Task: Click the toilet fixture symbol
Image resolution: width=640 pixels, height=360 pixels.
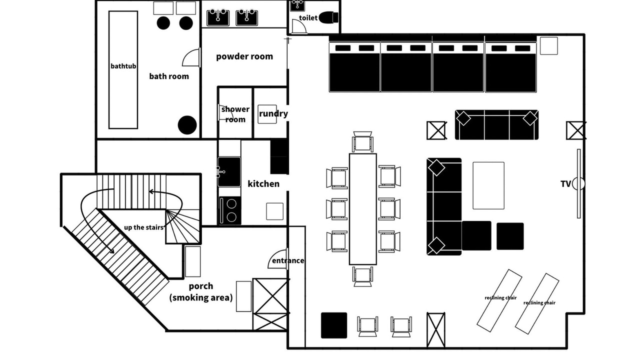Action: pyautogui.click(x=328, y=17)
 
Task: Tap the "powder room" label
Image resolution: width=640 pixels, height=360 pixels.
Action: pyautogui.click(x=244, y=56)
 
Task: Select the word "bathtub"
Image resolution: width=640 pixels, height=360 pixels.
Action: pyautogui.click(x=123, y=66)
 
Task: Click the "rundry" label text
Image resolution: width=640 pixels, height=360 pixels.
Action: pyautogui.click(x=273, y=113)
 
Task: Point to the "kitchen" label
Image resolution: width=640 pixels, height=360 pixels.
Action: pyautogui.click(x=263, y=183)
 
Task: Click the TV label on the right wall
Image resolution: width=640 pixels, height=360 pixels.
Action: pyautogui.click(x=565, y=184)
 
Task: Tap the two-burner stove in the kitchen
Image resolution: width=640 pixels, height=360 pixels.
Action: pyautogui.click(x=230, y=210)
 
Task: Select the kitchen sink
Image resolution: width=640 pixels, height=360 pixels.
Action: pyautogui.click(x=229, y=171)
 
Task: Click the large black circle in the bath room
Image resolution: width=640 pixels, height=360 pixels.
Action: pyautogui.click(x=187, y=125)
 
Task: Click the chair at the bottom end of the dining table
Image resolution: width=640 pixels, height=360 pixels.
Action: pyautogui.click(x=363, y=276)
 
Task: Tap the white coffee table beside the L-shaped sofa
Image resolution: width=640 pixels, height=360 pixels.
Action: pyautogui.click(x=488, y=185)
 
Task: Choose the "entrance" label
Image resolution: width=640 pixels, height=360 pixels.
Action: pyautogui.click(x=288, y=260)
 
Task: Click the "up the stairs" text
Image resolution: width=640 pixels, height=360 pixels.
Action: pyautogui.click(x=143, y=227)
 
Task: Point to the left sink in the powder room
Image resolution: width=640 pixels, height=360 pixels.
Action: pyautogui.click(x=218, y=17)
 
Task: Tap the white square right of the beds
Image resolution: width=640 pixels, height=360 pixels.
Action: pyautogui.click(x=549, y=45)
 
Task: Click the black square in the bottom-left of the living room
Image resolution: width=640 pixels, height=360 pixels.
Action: pyautogui.click(x=334, y=325)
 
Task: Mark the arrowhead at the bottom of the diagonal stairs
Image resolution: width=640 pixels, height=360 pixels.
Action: pyautogui.click(x=111, y=250)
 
